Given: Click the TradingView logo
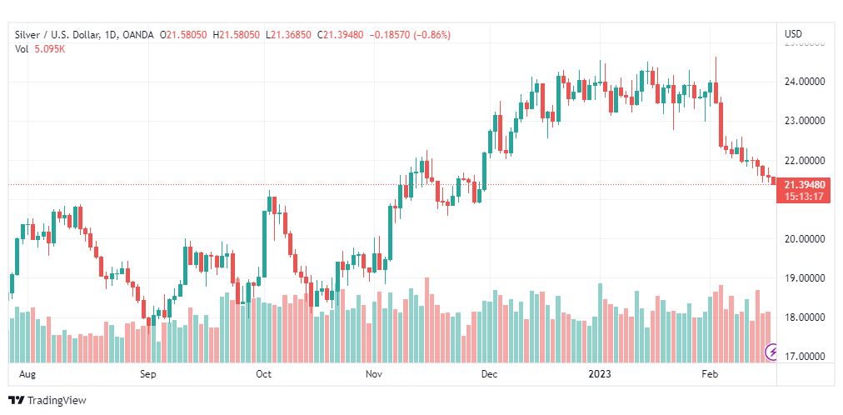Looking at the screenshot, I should (47, 401).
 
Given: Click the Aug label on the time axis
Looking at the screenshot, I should (27, 374).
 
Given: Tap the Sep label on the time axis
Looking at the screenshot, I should (148, 374).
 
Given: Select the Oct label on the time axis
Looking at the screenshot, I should (263, 374).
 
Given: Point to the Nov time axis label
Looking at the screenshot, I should (374, 374).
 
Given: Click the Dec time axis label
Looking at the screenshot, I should (489, 374).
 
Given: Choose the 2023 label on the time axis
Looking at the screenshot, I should (600, 374).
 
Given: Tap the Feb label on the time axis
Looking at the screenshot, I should (710, 374).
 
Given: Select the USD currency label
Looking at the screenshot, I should (793, 34).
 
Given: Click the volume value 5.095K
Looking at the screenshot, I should (50, 48).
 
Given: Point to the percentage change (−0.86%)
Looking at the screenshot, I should (433, 34).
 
